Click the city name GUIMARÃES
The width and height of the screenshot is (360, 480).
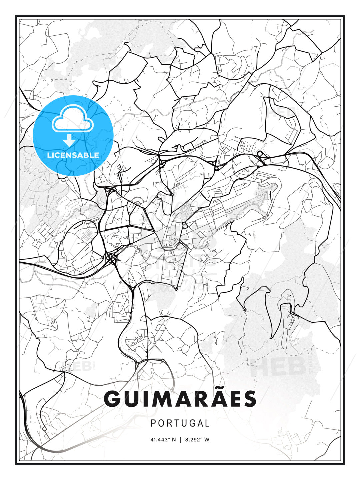[180, 399]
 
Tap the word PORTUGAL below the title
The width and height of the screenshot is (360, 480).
[180, 423]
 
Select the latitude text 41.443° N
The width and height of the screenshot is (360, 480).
[163, 440]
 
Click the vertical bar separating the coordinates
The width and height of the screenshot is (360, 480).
[180, 440]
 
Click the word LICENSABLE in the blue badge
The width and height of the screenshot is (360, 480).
[73, 155]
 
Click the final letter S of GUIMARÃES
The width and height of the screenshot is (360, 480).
[249, 399]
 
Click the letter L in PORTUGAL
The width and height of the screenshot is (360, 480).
[207, 423]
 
